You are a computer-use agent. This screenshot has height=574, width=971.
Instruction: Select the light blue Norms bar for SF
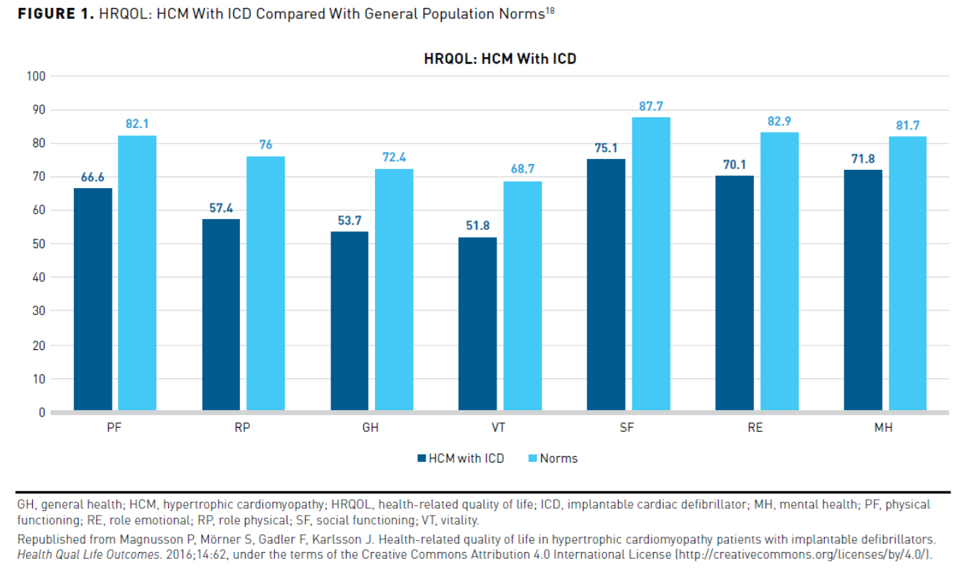tap(651, 264)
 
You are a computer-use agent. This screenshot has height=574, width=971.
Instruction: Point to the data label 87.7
tap(651, 106)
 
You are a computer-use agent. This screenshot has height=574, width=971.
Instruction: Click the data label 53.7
tap(350, 220)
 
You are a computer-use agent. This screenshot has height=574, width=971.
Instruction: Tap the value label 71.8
tap(863, 159)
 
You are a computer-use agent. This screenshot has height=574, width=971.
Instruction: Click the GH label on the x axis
tap(371, 428)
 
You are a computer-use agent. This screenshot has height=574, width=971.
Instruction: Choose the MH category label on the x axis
tap(883, 428)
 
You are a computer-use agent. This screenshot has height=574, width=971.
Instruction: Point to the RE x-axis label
tap(755, 428)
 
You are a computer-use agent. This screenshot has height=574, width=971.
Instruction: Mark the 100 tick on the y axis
tap(36, 76)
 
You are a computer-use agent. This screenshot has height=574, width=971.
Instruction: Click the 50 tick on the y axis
tap(39, 244)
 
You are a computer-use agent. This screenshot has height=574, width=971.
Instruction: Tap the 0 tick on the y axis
tap(42, 412)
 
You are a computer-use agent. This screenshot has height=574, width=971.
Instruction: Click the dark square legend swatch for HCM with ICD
tap(421, 458)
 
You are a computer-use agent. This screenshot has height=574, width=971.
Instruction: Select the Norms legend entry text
tap(559, 458)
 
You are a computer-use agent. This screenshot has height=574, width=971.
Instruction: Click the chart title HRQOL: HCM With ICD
tap(500, 59)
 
